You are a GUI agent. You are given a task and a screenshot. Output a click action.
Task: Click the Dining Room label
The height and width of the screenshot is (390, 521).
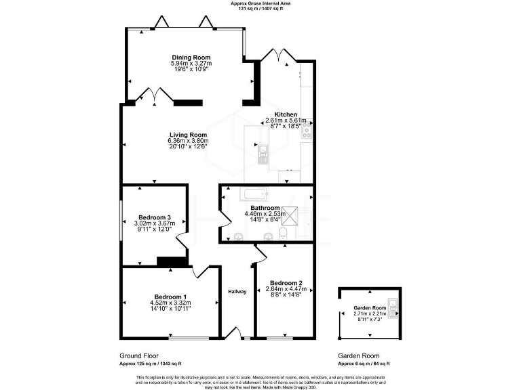(191, 57)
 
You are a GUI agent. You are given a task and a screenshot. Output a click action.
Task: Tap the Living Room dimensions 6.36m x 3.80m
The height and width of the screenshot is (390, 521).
(188, 140)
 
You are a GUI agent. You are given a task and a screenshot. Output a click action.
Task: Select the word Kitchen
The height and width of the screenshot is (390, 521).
(286, 114)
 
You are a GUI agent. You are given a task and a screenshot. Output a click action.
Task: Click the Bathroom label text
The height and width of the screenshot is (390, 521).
(265, 208)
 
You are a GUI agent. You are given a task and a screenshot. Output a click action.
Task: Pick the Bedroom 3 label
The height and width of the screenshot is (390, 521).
(155, 217)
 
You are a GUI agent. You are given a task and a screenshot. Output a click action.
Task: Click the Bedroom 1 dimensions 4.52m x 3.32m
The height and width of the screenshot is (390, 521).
(171, 302)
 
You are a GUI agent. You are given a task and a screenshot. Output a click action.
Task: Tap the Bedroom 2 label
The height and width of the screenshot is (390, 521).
(286, 282)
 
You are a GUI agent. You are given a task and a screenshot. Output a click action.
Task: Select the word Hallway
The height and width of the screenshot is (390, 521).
(237, 291)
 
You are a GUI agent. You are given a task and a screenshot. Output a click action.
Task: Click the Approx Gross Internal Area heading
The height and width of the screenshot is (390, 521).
(260, 3)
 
